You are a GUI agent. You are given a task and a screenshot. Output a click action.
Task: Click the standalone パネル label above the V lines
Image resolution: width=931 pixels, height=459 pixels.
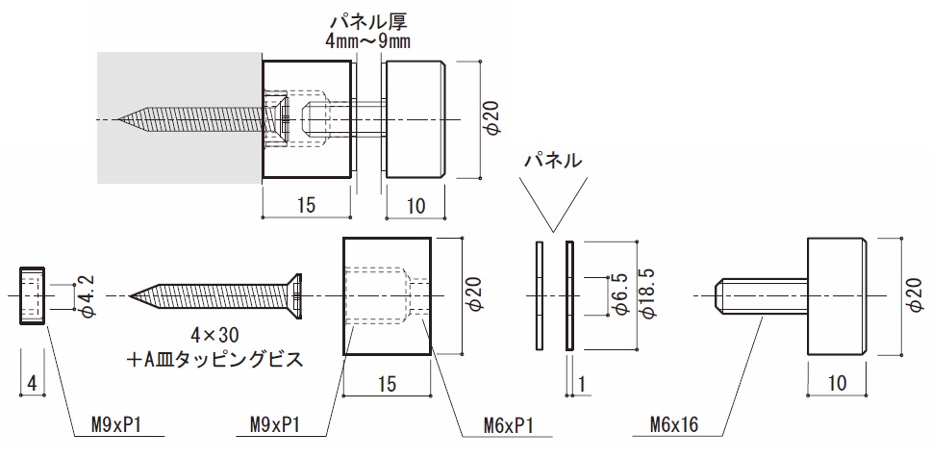coord(552,161)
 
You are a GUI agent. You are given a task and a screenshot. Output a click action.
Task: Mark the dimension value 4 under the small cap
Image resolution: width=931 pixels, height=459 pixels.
coord(32,383)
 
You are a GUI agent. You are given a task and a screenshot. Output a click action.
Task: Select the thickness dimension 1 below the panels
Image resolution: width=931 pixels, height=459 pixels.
coord(583,383)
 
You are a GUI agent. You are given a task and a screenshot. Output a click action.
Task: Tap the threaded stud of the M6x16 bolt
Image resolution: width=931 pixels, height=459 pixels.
coord(761,294)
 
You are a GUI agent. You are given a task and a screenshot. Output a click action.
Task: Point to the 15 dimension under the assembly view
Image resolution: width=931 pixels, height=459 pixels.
coord(307,206)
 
